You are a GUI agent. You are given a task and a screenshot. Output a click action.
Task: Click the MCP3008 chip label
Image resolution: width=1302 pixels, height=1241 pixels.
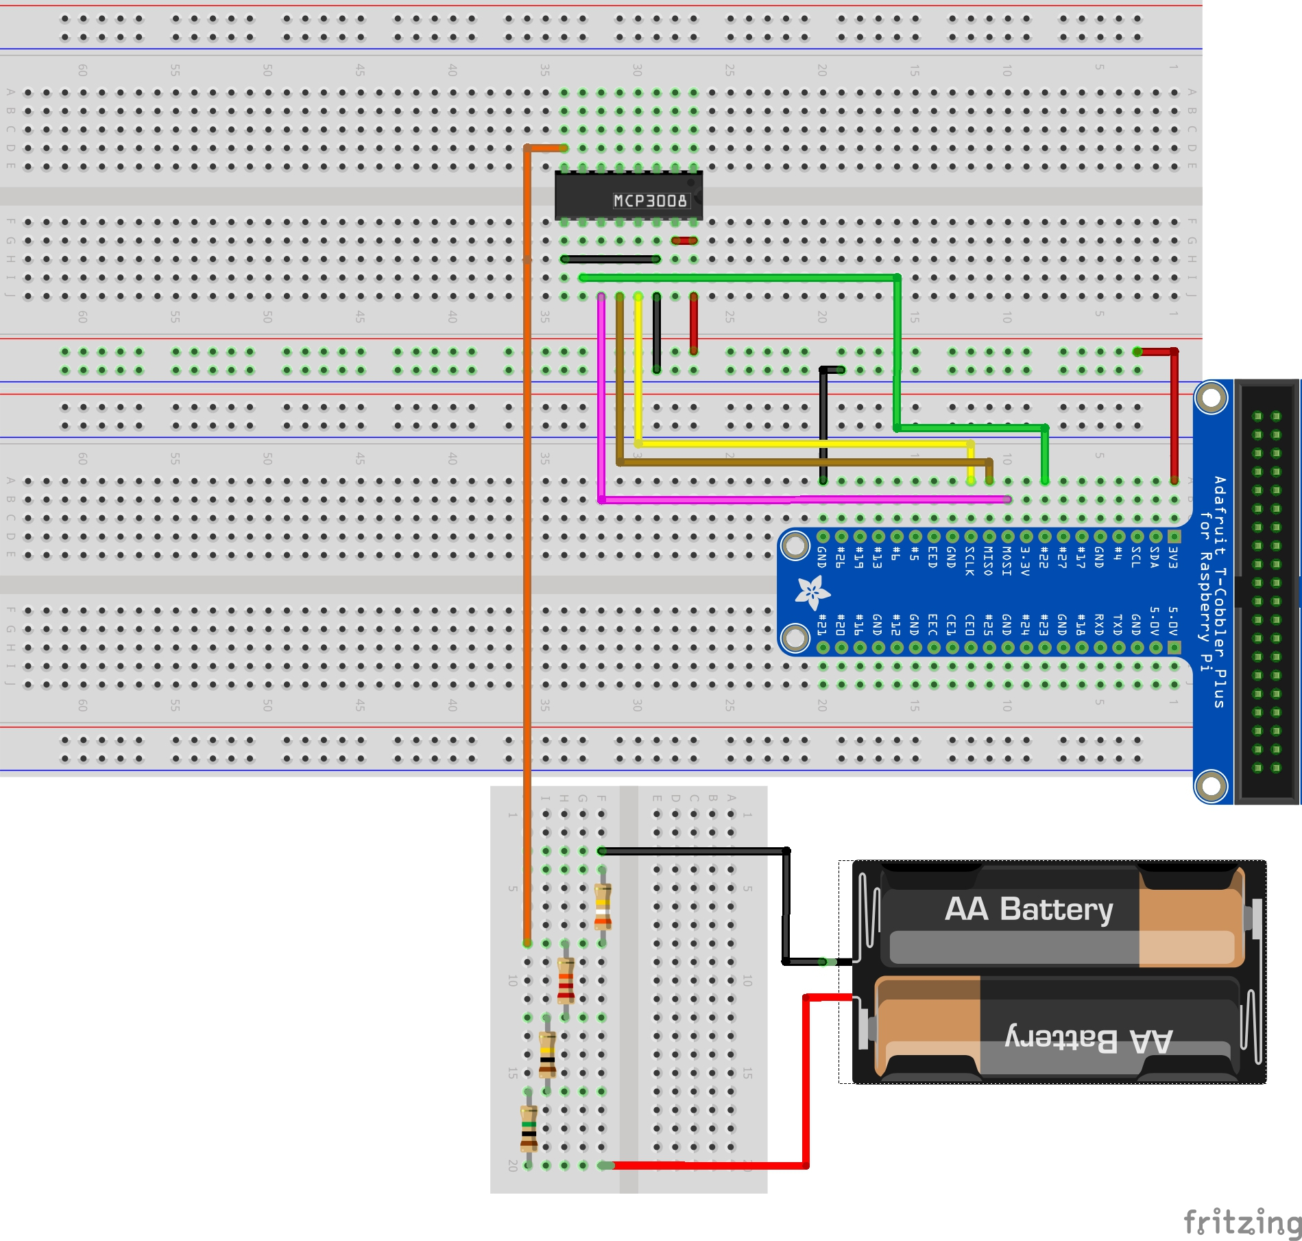[x=649, y=200]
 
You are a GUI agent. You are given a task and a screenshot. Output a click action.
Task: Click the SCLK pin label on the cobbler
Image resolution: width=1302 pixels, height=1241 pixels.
[x=969, y=561]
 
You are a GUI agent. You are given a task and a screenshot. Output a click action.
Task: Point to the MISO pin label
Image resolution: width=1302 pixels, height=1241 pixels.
[x=988, y=561]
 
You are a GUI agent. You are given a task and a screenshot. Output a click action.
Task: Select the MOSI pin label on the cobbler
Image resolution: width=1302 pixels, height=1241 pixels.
[x=1006, y=561]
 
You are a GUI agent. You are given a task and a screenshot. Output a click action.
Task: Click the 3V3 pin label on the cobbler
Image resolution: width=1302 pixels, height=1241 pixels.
[x=1173, y=557]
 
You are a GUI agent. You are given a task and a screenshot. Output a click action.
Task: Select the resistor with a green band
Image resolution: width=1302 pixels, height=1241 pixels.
[x=529, y=1128]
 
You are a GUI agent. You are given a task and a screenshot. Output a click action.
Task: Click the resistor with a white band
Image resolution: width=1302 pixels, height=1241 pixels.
[x=603, y=906]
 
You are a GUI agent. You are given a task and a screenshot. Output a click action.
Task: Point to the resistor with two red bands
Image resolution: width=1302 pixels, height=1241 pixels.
[x=566, y=980]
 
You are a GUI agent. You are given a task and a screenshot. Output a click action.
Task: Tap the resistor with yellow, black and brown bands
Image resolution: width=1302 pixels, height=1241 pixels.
[x=547, y=1054]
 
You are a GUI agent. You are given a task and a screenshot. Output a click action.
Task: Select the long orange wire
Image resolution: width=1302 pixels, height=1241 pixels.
[x=527, y=549]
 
